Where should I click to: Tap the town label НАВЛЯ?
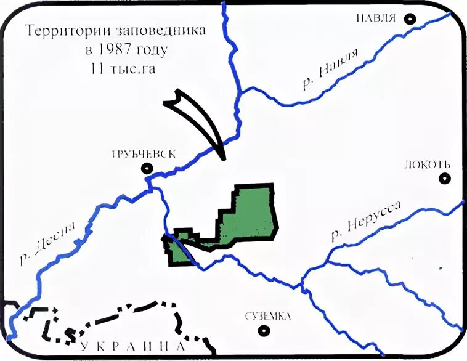(x=375, y=17)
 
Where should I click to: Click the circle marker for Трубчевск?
(x=147, y=168)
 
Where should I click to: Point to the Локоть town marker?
(x=444, y=178)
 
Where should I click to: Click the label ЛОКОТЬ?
(x=428, y=164)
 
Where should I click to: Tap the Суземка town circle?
(x=264, y=330)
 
